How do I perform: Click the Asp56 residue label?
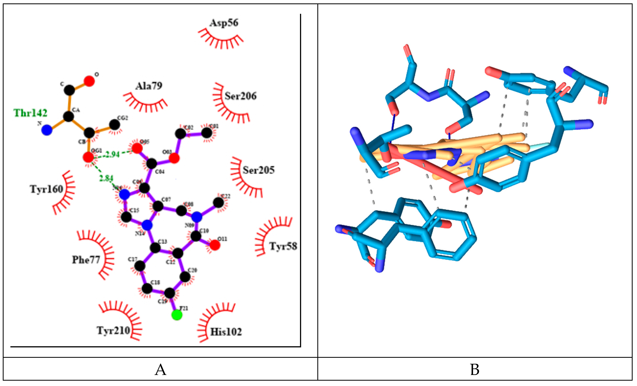[224, 23]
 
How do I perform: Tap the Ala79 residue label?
[149, 86]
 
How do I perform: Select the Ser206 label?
[240, 96]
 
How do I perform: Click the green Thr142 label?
[31, 113]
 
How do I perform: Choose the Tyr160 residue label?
[46, 189]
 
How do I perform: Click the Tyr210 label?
[113, 330]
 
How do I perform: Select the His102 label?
[226, 332]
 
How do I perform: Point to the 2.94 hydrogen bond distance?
[113, 154]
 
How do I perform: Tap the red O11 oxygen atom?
[215, 245]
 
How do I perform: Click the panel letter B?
[475, 370]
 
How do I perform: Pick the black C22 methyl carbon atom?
[219, 202]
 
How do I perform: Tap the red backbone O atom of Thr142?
[89, 81]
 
